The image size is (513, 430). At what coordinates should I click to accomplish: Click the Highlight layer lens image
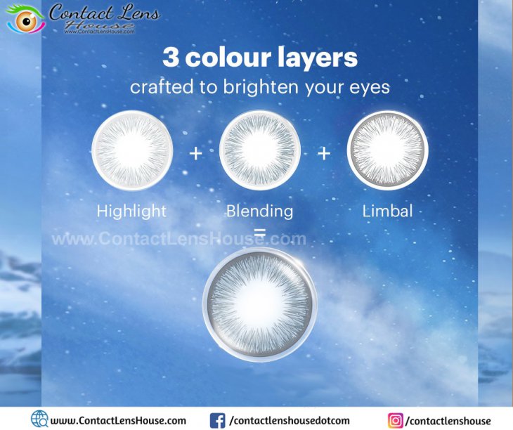click(132, 150)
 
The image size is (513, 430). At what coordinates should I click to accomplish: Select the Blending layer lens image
click(260, 150)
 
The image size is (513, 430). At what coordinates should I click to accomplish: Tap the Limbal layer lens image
click(388, 150)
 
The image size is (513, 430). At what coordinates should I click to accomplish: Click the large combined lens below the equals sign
click(260, 304)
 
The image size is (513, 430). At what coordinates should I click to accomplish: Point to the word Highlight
click(131, 211)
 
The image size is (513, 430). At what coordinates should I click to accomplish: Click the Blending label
click(260, 211)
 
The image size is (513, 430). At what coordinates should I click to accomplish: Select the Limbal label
click(387, 211)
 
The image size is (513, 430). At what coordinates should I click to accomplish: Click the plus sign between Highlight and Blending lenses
click(195, 153)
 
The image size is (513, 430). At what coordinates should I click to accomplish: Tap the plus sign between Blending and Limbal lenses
click(324, 153)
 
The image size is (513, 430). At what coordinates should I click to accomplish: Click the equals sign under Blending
click(260, 232)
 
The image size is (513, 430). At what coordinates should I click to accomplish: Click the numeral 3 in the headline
click(171, 57)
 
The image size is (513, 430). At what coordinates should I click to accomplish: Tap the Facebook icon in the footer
click(217, 421)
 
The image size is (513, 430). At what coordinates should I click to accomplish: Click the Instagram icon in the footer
click(396, 421)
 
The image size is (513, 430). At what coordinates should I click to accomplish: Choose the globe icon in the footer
click(39, 419)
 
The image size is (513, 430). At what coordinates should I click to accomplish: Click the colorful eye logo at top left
click(25, 20)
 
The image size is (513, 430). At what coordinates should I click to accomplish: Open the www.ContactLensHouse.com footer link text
click(118, 421)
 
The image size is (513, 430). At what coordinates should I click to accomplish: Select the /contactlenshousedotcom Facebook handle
click(290, 421)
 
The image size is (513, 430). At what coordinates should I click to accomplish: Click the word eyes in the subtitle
click(370, 89)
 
